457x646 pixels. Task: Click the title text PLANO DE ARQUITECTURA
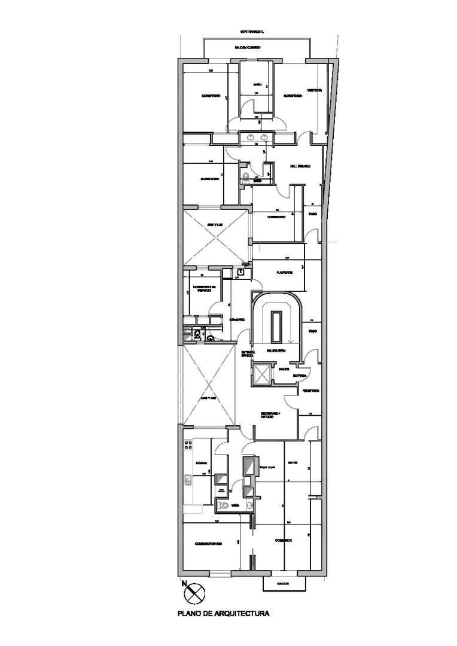coord(223,613)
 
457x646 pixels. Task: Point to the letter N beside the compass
coord(185,583)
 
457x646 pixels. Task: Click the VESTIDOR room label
coord(315,90)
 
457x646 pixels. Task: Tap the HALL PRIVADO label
coord(300,166)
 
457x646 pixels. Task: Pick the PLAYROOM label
coord(284,273)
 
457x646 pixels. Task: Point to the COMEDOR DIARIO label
coord(209,544)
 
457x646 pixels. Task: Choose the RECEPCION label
coord(310,391)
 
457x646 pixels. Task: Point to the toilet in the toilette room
coord(224,506)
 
